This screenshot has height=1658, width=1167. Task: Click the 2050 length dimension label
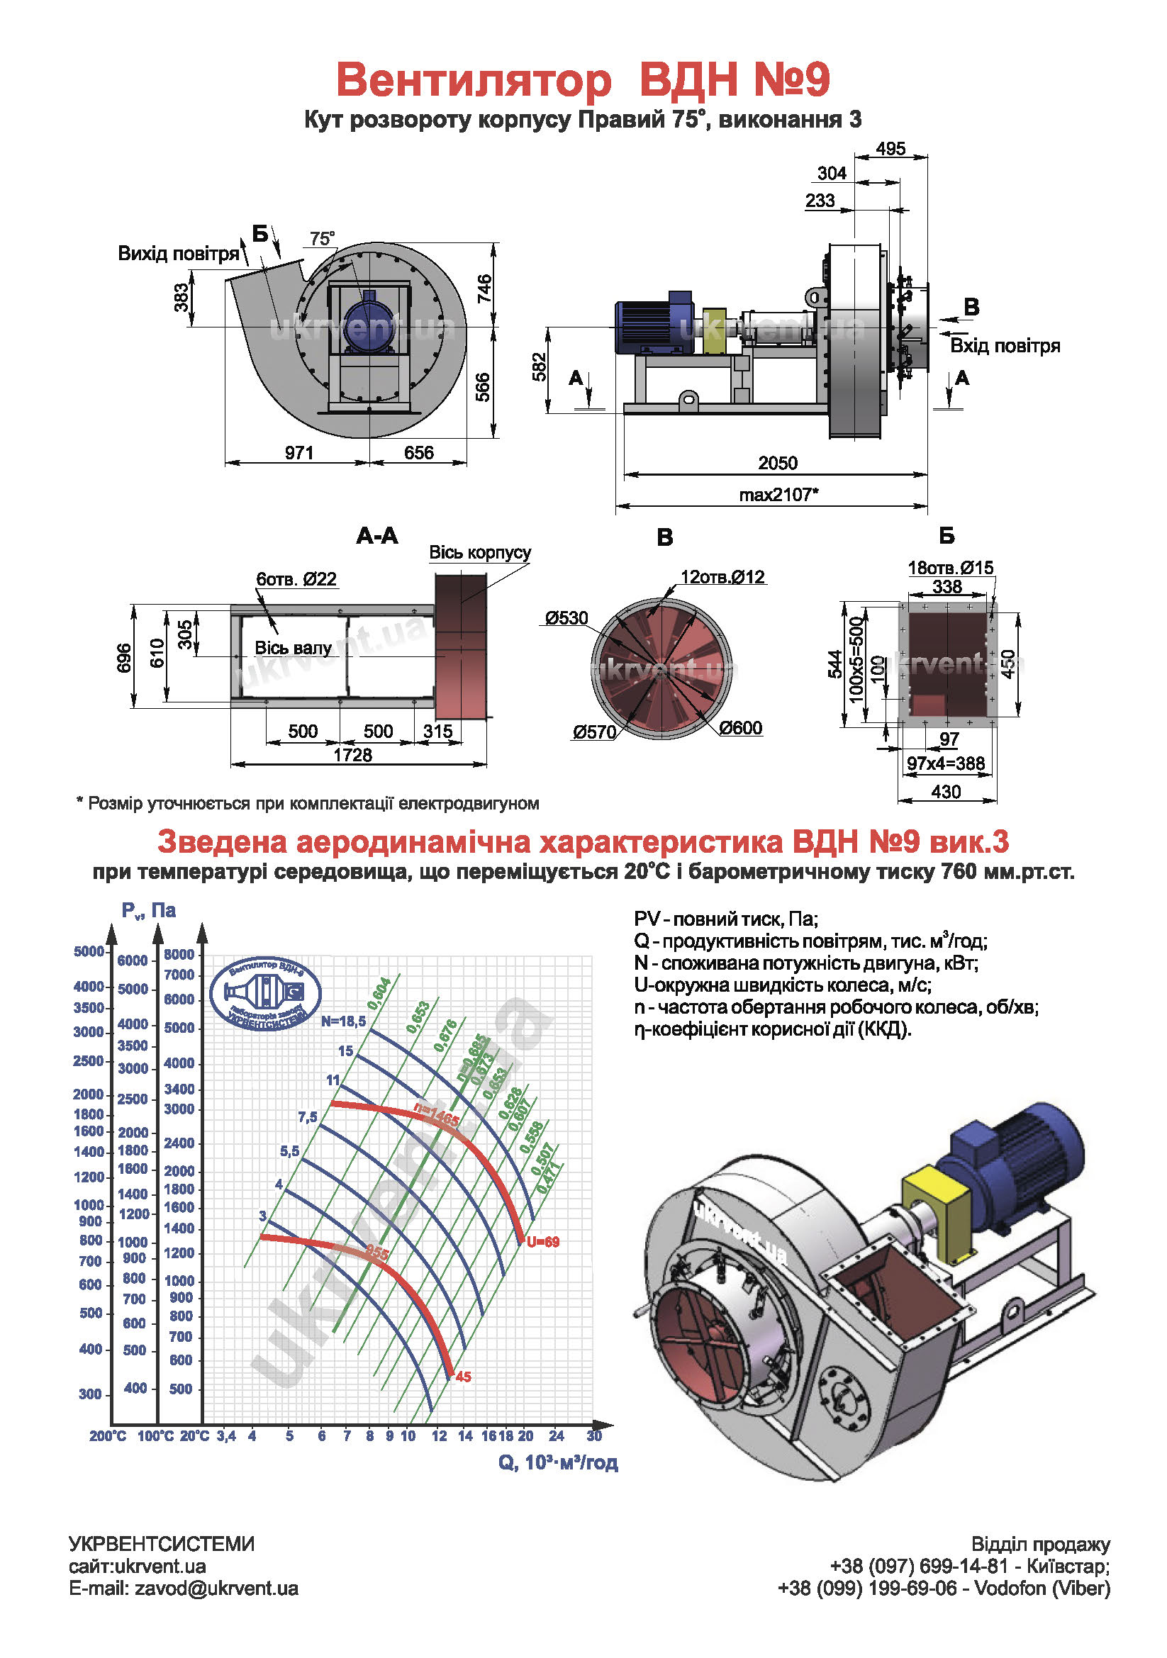point(777,463)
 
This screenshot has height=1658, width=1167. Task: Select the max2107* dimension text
point(778,495)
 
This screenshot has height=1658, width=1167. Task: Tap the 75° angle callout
point(322,239)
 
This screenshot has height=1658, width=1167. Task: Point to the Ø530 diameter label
point(567,618)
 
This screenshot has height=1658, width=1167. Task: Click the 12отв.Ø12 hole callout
point(722,577)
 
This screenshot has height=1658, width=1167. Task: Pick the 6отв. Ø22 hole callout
point(296,579)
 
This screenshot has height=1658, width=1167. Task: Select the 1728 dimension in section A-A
point(352,755)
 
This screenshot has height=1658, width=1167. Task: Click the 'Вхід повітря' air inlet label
point(1005,346)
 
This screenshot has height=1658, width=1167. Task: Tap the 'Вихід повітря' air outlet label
point(179,254)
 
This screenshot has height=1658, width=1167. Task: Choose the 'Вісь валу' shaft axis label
point(293,648)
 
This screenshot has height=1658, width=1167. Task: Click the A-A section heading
point(377,535)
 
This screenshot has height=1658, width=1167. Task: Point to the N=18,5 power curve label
point(344,1021)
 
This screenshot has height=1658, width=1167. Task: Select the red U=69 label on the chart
point(543,1242)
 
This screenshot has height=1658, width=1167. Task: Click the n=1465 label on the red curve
point(436,1116)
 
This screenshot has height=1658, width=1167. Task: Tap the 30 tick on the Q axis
point(594,1435)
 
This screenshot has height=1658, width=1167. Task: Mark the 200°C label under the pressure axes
point(108,1436)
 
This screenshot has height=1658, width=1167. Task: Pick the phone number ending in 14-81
point(919,1567)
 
